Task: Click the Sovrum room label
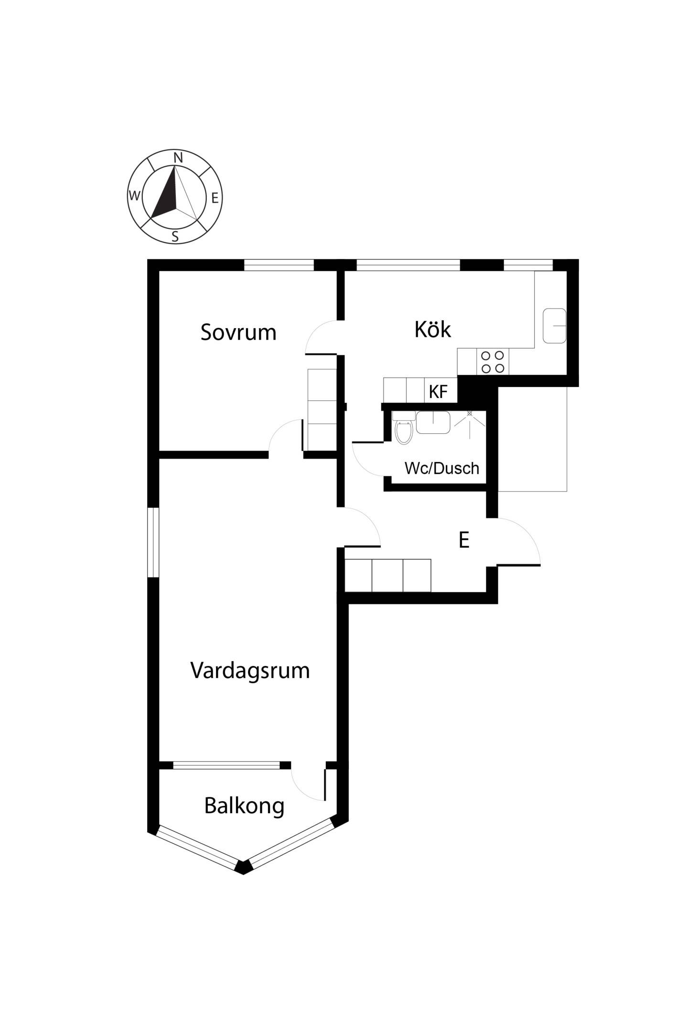click(x=238, y=332)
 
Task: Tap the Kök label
click(x=433, y=329)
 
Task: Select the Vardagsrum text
click(x=250, y=671)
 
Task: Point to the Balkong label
click(x=244, y=806)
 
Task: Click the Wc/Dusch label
click(x=442, y=468)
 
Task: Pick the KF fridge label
click(x=438, y=392)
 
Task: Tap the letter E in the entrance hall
click(x=463, y=540)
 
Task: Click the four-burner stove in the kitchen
click(x=493, y=362)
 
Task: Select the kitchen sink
click(x=554, y=325)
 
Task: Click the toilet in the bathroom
click(x=404, y=429)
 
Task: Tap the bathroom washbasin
click(x=433, y=422)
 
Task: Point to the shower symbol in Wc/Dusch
click(x=470, y=424)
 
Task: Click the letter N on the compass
click(x=178, y=157)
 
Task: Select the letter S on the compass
click(x=175, y=236)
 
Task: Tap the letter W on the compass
click(x=135, y=195)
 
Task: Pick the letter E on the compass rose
click(x=215, y=198)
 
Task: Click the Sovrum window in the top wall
click(x=279, y=265)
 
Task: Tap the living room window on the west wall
click(x=153, y=542)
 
